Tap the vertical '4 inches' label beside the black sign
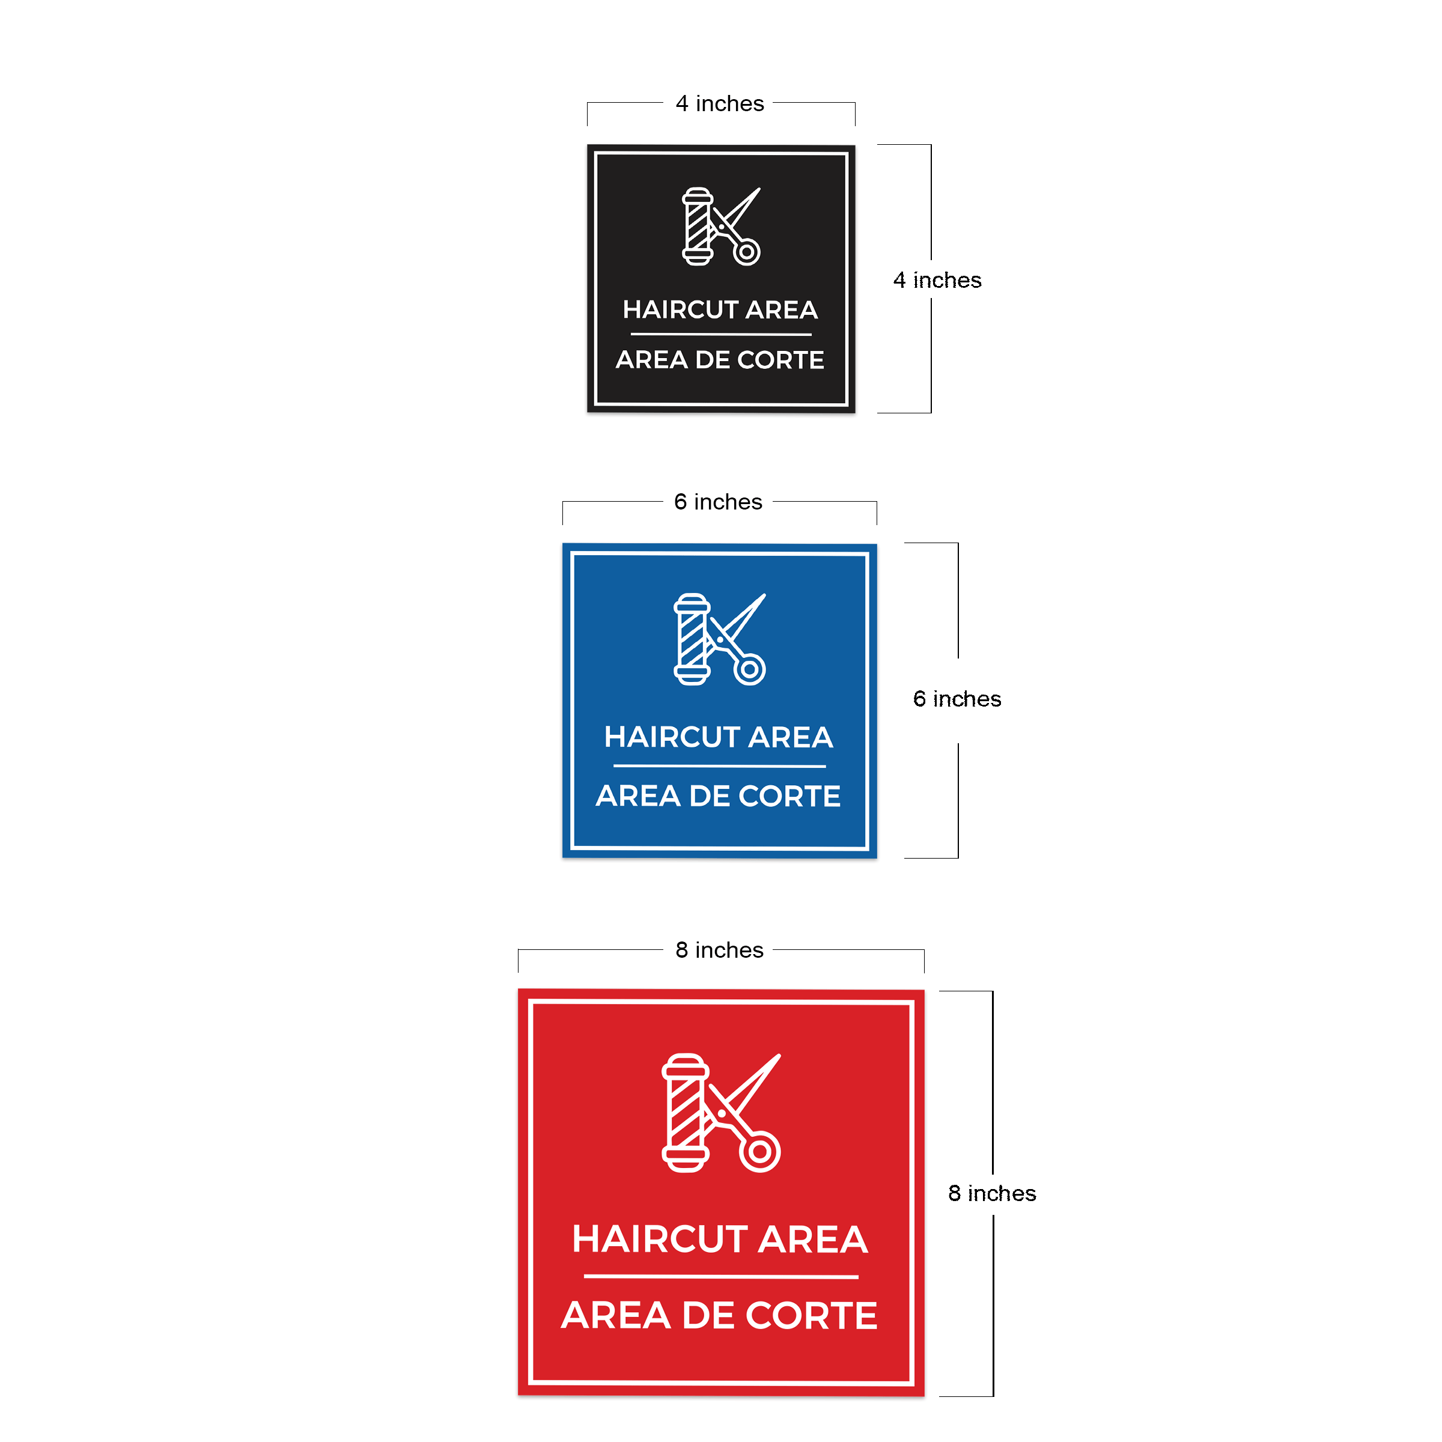click(937, 280)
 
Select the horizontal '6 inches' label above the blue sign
click(718, 502)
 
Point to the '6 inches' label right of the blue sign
click(957, 699)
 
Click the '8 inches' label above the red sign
click(720, 949)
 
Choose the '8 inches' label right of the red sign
click(992, 1193)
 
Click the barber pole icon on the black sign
click(698, 226)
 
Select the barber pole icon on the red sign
click(685, 1112)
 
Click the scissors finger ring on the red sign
click(760, 1151)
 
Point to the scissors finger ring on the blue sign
click(749, 669)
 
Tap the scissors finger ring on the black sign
click(746, 252)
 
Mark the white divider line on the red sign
click(721, 1277)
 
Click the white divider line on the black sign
click(721, 335)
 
